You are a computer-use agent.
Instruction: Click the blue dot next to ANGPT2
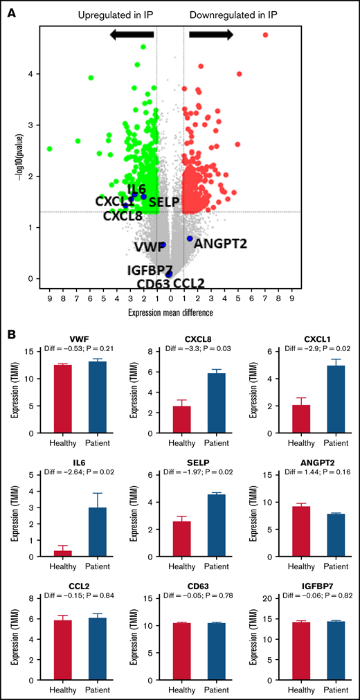click(x=190, y=238)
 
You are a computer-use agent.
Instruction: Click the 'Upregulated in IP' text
click(x=114, y=15)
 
